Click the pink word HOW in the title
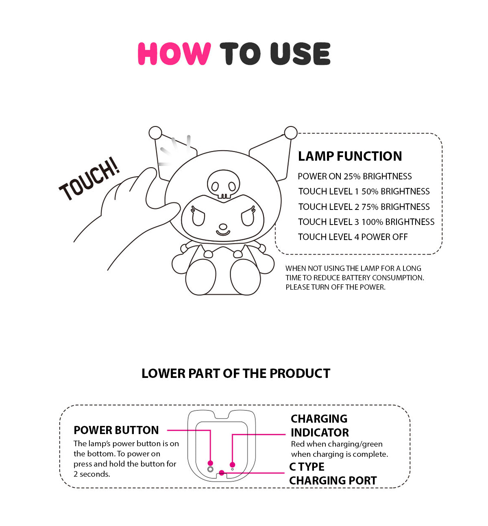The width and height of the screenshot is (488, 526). tap(174, 54)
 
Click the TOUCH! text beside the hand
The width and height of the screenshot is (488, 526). tap(89, 179)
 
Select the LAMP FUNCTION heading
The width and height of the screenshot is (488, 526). tap(350, 156)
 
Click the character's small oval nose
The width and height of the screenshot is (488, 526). tap(223, 227)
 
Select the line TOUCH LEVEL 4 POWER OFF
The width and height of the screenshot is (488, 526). tap(353, 237)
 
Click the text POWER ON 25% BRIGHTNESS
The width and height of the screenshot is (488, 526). tap(355, 176)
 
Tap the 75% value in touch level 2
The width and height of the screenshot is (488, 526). tap(370, 207)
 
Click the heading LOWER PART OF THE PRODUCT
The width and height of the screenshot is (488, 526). tap(235, 373)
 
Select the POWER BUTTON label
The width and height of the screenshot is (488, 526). tap(116, 430)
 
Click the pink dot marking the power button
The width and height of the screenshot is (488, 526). tap(210, 463)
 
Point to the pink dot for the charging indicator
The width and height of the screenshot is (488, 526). tap(233, 465)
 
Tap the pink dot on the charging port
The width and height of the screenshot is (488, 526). tap(222, 473)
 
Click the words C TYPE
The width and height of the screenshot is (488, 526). tap(307, 467)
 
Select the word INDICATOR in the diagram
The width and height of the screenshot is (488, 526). tap(320, 432)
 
